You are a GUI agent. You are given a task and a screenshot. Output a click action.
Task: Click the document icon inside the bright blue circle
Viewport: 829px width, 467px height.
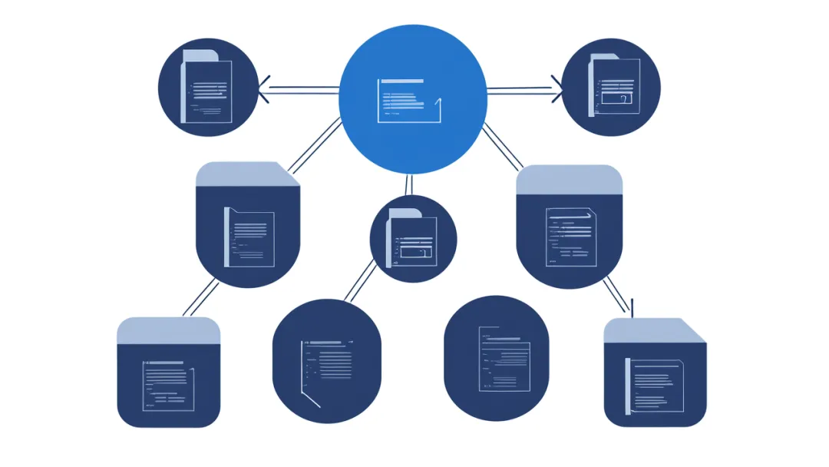pyautogui.click(x=410, y=101)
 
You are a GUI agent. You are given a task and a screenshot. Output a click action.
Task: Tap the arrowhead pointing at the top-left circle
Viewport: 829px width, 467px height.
pyautogui.click(x=263, y=90)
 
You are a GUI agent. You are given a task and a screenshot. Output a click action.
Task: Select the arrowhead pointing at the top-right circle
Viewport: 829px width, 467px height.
pyautogui.click(x=557, y=89)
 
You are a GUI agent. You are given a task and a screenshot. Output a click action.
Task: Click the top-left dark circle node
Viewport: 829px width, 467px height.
pyautogui.click(x=208, y=88)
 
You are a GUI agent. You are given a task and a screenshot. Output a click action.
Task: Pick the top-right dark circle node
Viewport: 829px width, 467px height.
pyautogui.click(x=611, y=86)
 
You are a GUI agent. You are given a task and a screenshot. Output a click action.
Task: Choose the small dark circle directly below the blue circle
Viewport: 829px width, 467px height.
pyautogui.click(x=413, y=239)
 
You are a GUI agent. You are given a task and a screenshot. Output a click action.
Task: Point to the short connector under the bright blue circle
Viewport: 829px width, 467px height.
pyautogui.click(x=409, y=184)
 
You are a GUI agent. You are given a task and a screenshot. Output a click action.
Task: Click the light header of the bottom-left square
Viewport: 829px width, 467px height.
pyautogui.click(x=168, y=331)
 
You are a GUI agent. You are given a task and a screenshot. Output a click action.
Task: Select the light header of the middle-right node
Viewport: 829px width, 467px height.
pyautogui.click(x=569, y=180)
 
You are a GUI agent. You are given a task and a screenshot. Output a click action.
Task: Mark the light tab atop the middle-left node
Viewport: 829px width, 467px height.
pyautogui.click(x=246, y=174)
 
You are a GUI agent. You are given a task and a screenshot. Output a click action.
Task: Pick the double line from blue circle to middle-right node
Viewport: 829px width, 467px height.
pyautogui.click(x=503, y=146)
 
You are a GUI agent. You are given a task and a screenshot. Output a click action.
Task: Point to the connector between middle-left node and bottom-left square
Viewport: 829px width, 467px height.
pyautogui.click(x=200, y=299)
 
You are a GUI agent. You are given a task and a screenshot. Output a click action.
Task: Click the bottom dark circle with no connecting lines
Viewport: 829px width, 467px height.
pyautogui.click(x=496, y=358)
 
